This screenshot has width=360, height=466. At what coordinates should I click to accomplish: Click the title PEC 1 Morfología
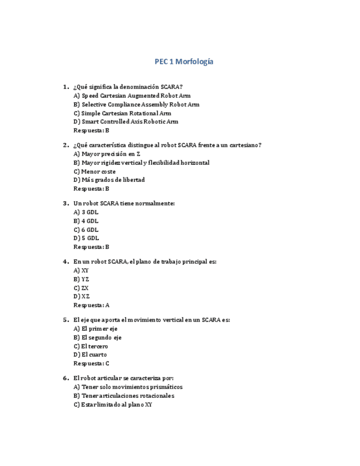tap(184, 62)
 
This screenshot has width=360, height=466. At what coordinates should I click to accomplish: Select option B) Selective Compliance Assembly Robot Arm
tap(136, 104)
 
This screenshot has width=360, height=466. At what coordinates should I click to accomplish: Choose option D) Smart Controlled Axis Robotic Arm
tap(126, 121)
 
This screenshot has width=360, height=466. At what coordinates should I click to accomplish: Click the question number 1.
tap(66, 87)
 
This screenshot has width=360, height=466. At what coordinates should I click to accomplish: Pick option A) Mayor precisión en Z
tap(107, 154)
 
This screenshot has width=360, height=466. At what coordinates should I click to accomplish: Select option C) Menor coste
tap(95, 171)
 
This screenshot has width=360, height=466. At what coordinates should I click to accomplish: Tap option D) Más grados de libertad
tap(109, 180)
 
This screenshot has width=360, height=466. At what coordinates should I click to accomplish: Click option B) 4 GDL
tap(86, 221)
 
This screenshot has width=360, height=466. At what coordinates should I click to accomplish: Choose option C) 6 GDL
tap(86, 230)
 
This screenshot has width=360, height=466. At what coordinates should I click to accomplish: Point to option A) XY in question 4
tap(81, 270)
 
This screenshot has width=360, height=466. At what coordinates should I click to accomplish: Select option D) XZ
tap(81, 296)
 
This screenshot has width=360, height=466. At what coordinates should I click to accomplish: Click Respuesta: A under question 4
tap(91, 305)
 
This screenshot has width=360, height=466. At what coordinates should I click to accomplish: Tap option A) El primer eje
tap(95, 329)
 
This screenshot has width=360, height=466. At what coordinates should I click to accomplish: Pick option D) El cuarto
tap(90, 354)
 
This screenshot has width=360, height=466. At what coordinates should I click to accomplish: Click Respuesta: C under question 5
tap(91, 363)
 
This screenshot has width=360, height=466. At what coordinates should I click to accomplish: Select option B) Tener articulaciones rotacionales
tap(124, 396)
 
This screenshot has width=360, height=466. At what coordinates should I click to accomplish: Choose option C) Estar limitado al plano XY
tap(113, 404)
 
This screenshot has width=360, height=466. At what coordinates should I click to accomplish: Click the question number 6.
tap(66, 378)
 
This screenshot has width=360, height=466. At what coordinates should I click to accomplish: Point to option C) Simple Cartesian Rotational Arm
tap(122, 113)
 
